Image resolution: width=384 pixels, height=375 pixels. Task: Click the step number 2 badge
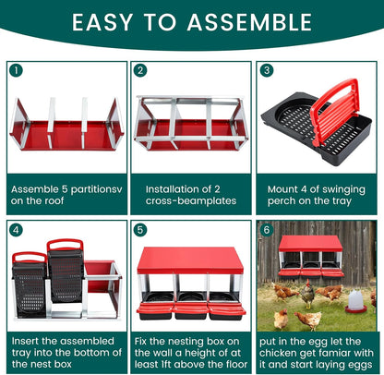pyautogui.click(x=140, y=70)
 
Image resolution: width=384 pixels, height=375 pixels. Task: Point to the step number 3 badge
pyautogui.click(x=266, y=70)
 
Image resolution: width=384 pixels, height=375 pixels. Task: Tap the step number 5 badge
pyautogui.click(x=140, y=229)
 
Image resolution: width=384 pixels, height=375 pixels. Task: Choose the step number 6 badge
pyautogui.click(x=266, y=229)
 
